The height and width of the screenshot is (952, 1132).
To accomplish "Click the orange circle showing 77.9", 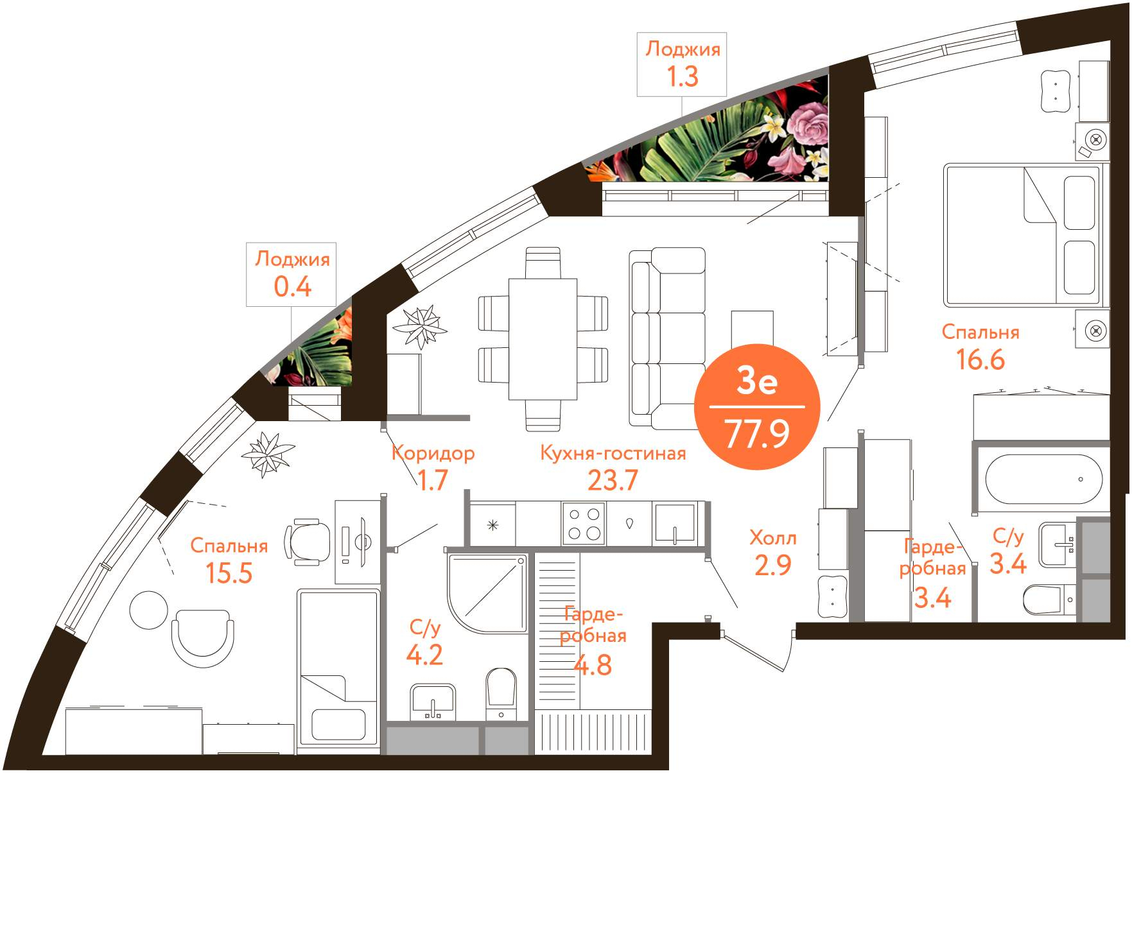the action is [x=757, y=406].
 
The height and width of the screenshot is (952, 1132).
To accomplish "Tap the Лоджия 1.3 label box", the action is [x=682, y=64].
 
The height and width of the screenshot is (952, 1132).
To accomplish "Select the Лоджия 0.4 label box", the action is [x=292, y=274].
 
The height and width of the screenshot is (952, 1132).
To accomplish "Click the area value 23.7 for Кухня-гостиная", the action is [x=613, y=480].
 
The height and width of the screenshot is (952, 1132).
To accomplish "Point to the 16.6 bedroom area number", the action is [x=980, y=359].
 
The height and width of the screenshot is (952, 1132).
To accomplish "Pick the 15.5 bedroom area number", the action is [x=229, y=573].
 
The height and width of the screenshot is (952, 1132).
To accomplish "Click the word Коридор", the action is [x=433, y=453].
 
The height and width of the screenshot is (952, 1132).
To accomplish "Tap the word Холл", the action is [x=773, y=538].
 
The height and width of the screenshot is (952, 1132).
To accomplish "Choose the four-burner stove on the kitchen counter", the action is [x=584, y=524].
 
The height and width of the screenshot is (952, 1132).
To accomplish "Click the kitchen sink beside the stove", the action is [x=674, y=524].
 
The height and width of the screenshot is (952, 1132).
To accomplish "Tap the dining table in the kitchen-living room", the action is [x=543, y=339].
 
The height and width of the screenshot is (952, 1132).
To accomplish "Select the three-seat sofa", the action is [x=668, y=338].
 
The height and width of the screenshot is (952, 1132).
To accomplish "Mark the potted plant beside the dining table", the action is [x=421, y=326].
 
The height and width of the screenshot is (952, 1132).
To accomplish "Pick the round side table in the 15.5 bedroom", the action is [x=148, y=610].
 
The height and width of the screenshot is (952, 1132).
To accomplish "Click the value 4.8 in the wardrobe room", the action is [x=593, y=665].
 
